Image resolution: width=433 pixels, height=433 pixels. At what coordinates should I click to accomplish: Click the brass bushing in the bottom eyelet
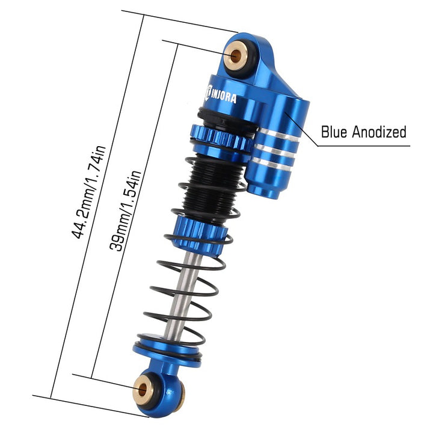coord(143,389)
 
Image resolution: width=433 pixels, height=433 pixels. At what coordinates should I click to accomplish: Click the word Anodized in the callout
coord(379,132)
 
